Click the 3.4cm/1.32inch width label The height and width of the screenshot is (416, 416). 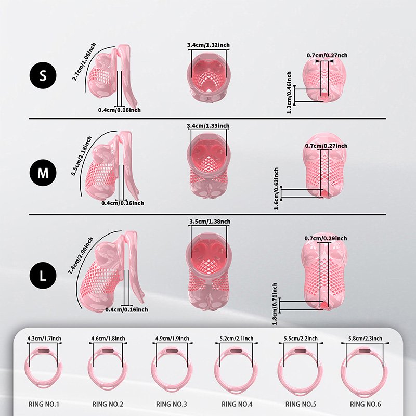pos(208,45)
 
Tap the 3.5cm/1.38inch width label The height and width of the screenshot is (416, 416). pos(208,222)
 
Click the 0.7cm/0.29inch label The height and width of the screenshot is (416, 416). pos(326,238)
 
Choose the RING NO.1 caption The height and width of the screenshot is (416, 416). pos(44,403)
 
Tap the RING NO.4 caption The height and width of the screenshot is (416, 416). pos(237,403)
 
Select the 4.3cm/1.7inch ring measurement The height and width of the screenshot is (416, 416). pos(44,339)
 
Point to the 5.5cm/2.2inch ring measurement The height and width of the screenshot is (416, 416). pos(302,339)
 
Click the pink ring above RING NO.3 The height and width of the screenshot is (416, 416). pos(173,370)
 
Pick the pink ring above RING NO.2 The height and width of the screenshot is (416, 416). pos(108,370)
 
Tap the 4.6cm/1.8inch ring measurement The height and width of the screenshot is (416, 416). pos(108,339)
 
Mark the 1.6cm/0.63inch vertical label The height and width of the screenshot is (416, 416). pos(276,188)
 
